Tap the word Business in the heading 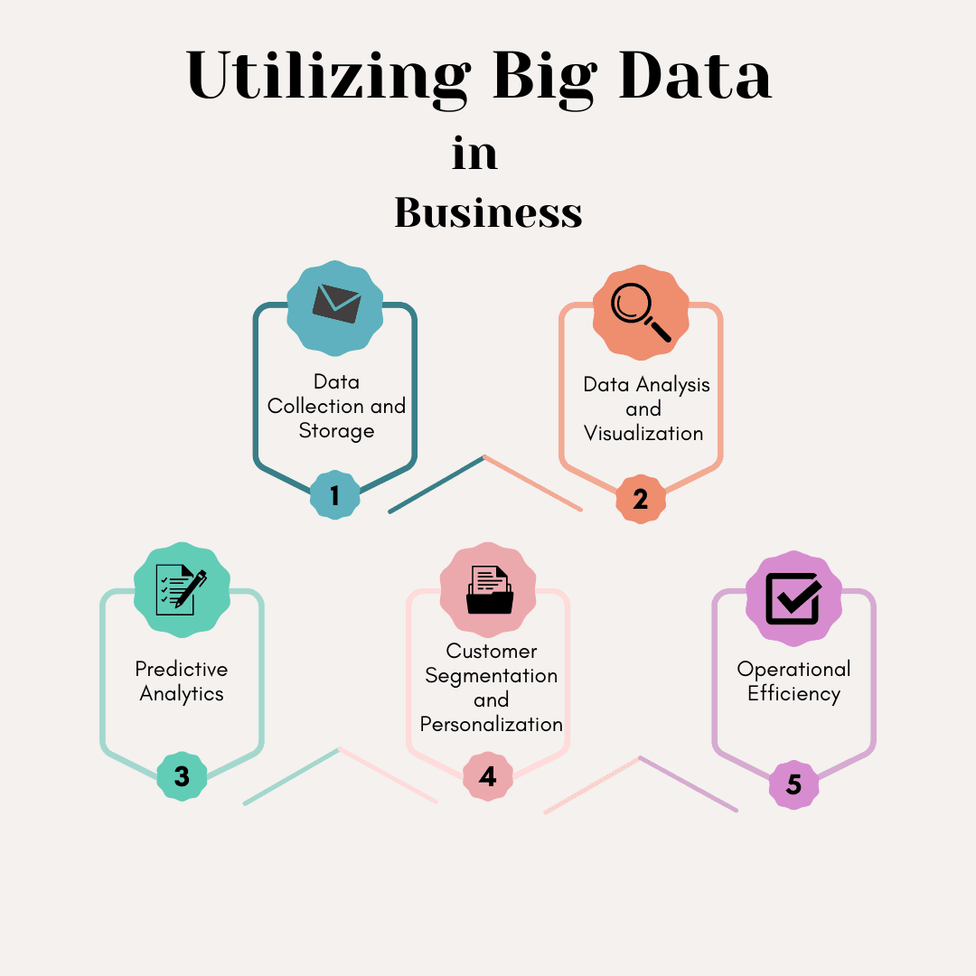(488, 212)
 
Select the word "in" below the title (474, 155)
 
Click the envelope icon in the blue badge (336, 304)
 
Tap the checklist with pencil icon (182, 589)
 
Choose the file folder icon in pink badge (489, 589)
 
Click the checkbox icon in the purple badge (793, 597)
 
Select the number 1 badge (334, 495)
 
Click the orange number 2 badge (641, 499)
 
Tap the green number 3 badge (182, 776)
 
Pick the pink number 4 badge (488, 776)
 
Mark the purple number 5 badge (793, 784)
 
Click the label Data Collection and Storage (336, 407)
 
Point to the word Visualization (643, 434)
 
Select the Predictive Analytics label (182, 681)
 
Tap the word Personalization (492, 725)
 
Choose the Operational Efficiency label (793, 681)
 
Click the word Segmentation (492, 676)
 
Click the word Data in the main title (696, 77)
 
